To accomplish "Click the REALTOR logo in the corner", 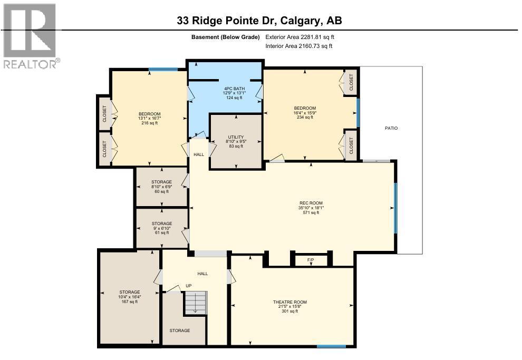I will [31, 36].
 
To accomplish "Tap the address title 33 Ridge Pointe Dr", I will [260, 21].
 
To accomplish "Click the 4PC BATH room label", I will [233, 93].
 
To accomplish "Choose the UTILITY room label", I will [236, 141].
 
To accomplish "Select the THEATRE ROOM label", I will [289, 306].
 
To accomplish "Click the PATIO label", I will [391, 128].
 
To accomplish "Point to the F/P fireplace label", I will [311, 260].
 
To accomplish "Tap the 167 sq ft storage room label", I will [129, 297].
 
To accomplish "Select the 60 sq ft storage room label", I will [161, 187].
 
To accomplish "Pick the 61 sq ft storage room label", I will [161, 228].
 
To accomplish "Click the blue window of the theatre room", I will [332, 346].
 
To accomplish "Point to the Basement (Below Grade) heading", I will [226, 37].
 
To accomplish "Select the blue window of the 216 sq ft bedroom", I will [163, 69].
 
